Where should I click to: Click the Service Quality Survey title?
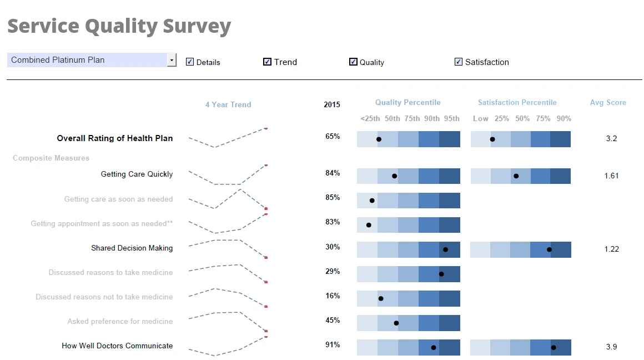pos(119,26)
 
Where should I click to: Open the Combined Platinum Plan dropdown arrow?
pos(172,60)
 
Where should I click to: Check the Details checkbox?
pos(190,62)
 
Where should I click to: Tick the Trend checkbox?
pos(267,62)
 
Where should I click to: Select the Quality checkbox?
pos(353,62)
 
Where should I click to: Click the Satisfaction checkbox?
pos(459,62)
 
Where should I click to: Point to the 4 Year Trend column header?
pos(228,104)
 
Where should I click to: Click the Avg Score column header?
pos(608,102)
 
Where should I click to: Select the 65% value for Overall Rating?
pos(333,136)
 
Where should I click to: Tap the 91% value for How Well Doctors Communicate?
pos(333,344)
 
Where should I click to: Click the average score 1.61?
pos(611,176)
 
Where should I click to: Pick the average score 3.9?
pos(611,347)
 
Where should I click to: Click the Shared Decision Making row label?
pos(132,248)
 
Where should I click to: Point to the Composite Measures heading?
pos(51,158)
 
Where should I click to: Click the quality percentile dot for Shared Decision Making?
pos(445,250)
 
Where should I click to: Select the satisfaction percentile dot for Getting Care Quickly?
pos(516,176)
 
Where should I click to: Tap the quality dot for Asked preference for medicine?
pos(396,323)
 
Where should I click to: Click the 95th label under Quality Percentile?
pos(451,118)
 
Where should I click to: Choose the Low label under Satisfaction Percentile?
pos(480,118)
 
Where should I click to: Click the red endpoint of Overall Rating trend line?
pos(266,128)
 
